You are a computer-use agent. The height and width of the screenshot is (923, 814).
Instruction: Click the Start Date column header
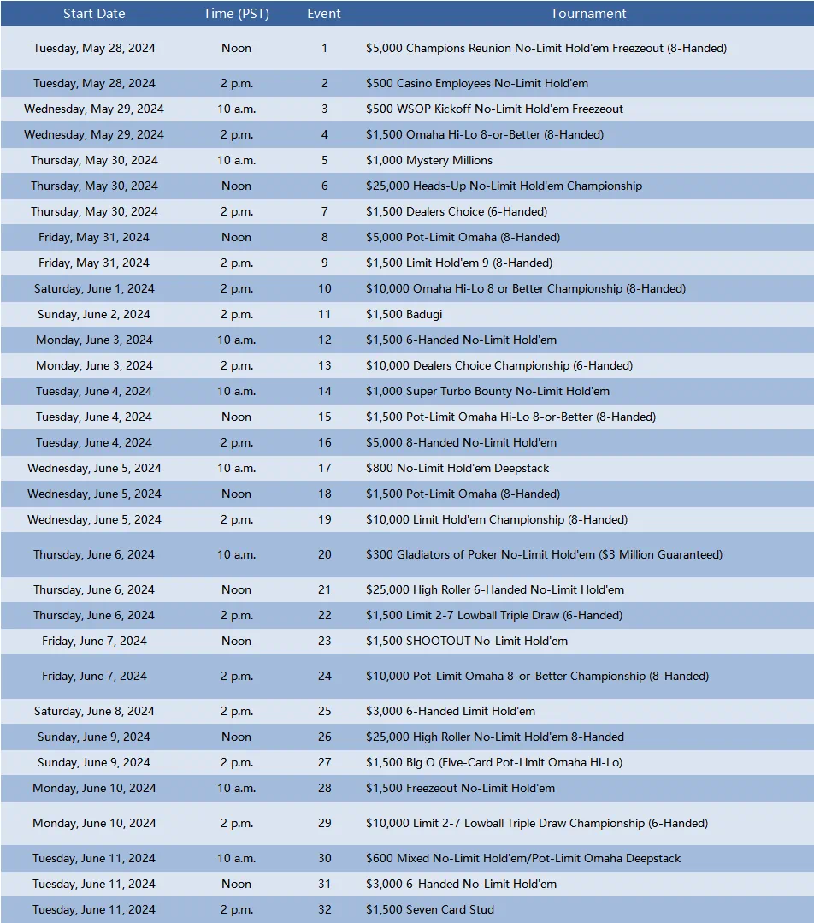click(94, 14)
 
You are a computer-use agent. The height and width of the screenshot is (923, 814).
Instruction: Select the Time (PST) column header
click(236, 14)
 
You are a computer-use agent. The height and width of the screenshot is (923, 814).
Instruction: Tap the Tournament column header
click(588, 14)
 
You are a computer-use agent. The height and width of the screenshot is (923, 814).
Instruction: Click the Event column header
click(324, 14)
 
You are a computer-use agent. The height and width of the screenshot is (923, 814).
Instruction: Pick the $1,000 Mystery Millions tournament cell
click(429, 160)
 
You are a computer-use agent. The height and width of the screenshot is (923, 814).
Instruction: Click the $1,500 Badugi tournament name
click(404, 314)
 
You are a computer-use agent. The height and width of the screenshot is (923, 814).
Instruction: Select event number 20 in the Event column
click(324, 554)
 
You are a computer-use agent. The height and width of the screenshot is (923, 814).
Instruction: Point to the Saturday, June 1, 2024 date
click(94, 288)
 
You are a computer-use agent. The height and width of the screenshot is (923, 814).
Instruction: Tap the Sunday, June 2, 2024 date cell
click(94, 314)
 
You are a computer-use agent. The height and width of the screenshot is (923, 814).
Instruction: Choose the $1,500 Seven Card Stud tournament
click(430, 909)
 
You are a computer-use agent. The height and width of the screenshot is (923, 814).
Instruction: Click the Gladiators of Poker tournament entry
click(544, 554)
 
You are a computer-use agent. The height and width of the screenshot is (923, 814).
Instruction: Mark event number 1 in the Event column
click(324, 48)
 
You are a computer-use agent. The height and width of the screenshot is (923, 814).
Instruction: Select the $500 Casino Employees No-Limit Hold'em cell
click(477, 83)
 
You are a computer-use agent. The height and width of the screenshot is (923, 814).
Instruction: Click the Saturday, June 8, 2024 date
click(94, 711)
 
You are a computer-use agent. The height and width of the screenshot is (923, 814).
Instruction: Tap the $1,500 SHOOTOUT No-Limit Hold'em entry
click(467, 641)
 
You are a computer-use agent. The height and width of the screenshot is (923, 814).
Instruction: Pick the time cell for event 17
click(236, 468)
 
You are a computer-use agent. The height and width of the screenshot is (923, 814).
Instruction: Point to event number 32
click(324, 909)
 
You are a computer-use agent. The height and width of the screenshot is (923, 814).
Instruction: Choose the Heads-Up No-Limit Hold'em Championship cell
click(504, 186)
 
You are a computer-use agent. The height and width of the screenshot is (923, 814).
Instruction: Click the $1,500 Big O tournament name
click(494, 762)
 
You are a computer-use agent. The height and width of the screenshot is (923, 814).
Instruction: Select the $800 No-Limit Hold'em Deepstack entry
click(457, 468)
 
